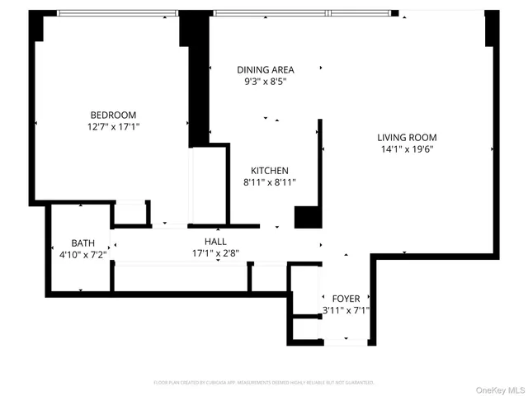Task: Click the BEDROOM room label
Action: click(x=113, y=115)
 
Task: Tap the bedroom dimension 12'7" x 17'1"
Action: click(x=113, y=127)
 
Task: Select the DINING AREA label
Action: click(x=265, y=70)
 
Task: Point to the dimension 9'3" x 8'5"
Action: click(x=265, y=82)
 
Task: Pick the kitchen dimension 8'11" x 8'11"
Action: click(x=270, y=182)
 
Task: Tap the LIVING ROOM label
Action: click(x=407, y=138)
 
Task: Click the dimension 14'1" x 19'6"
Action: click(x=407, y=149)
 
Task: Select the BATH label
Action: click(x=82, y=243)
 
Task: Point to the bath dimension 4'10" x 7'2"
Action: click(x=82, y=255)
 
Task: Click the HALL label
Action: click(x=215, y=242)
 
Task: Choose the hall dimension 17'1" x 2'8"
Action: click(x=215, y=253)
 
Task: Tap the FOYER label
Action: click(x=346, y=299)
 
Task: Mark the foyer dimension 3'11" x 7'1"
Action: click(x=346, y=311)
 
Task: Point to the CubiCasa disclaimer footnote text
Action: click(x=264, y=383)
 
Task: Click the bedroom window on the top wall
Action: click(x=118, y=13)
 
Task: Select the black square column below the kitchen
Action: click(x=307, y=216)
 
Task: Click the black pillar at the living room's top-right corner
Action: click(x=492, y=29)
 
